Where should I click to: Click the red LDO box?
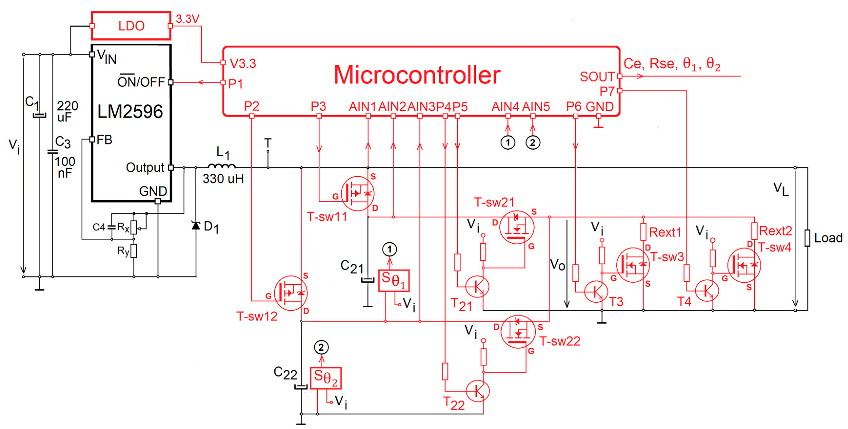click(131, 26)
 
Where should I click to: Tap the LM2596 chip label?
click(130, 111)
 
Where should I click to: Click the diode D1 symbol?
click(196, 225)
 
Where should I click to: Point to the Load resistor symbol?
click(807, 238)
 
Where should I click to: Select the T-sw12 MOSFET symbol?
click(291, 293)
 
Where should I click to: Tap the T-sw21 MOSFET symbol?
click(516, 227)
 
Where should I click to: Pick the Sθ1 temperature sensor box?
click(394, 280)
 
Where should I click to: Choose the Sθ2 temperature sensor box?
click(325, 378)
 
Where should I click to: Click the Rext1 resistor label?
click(665, 232)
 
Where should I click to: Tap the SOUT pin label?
click(597, 77)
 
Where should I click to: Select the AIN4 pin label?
click(505, 107)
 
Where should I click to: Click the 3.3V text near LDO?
click(187, 19)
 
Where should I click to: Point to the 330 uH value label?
click(223, 179)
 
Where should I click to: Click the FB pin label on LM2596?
click(104, 140)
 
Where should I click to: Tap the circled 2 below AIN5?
click(533, 143)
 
